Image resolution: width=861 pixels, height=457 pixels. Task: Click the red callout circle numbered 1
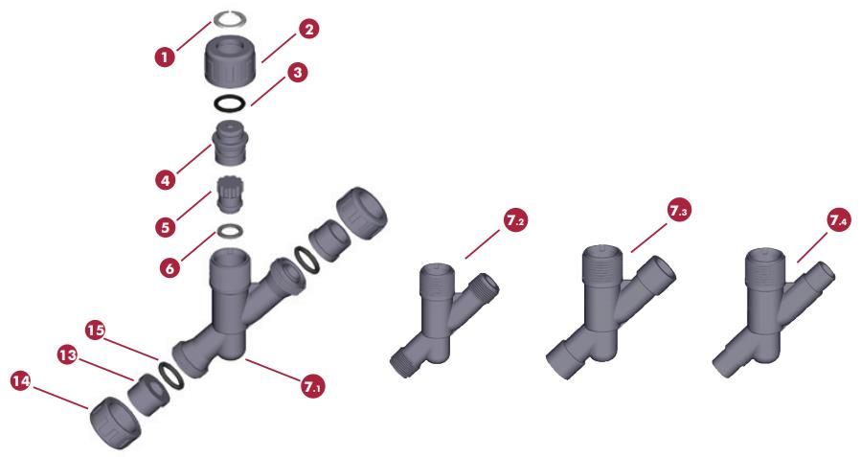coord(164,57)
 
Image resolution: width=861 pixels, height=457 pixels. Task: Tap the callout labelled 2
coord(308,29)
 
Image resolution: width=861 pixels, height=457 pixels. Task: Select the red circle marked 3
coord(297,73)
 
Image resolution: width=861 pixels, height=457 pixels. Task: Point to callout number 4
coord(166,179)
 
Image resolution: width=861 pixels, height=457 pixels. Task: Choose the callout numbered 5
coord(166,226)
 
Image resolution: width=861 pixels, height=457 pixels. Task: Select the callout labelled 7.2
coord(515,220)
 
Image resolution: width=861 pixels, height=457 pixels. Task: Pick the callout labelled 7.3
coord(679,211)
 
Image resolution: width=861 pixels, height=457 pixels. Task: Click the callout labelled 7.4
coord(838,220)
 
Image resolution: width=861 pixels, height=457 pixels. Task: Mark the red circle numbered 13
coord(68,355)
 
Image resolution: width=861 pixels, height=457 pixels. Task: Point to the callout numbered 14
coord(21,381)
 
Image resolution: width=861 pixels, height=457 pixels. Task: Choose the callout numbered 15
coord(95,331)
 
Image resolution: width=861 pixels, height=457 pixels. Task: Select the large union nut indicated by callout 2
coord(229,59)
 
